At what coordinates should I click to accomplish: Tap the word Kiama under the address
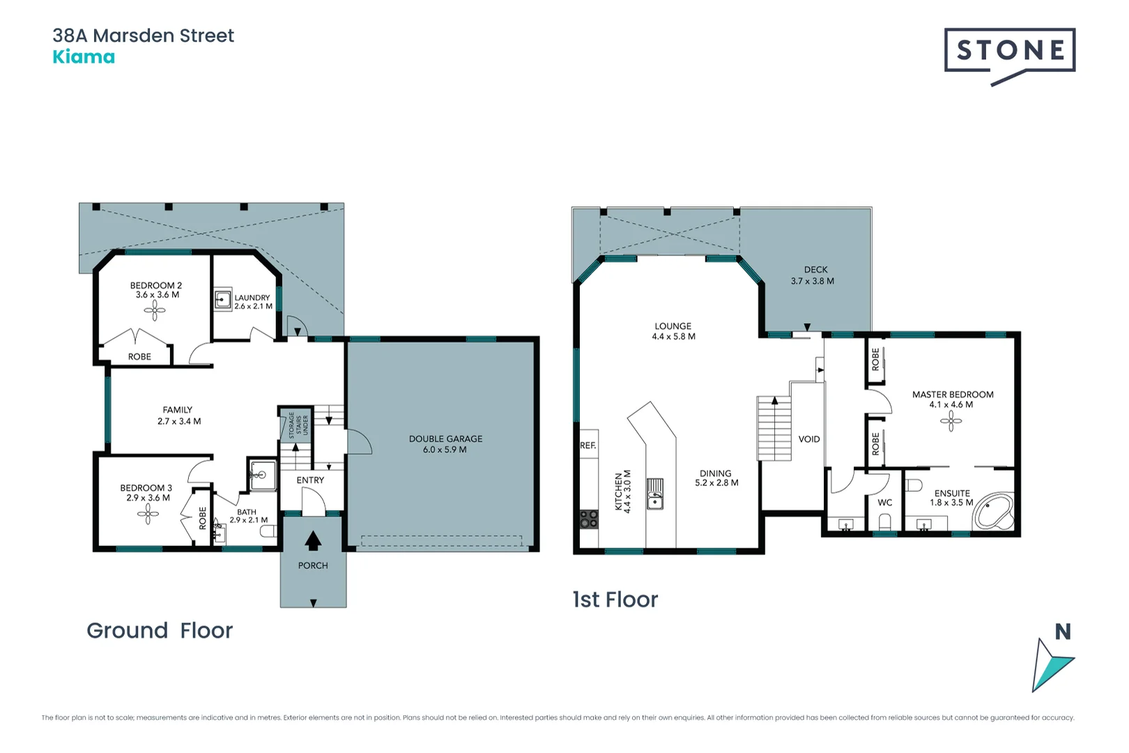(84, 57)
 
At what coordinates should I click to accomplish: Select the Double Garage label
(445, 444)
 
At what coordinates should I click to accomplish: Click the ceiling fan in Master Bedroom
(951, 420)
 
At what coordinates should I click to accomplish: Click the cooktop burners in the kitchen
(589, 518)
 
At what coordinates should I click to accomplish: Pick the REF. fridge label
(587, 446)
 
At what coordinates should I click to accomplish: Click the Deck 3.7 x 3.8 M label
(813, 275)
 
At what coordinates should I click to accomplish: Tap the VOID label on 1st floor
(809, 439)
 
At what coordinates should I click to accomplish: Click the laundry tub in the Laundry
(222, 301)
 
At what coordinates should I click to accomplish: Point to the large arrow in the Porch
(313, 540)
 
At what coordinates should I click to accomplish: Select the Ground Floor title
(160, 630)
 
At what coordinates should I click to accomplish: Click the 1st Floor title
(615, 600)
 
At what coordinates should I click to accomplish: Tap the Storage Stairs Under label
(295, 425)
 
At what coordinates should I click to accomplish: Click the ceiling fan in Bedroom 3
(148, 515)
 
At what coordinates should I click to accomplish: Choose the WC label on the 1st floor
(884, 503)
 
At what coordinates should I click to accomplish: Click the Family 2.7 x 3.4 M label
(178, 416)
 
